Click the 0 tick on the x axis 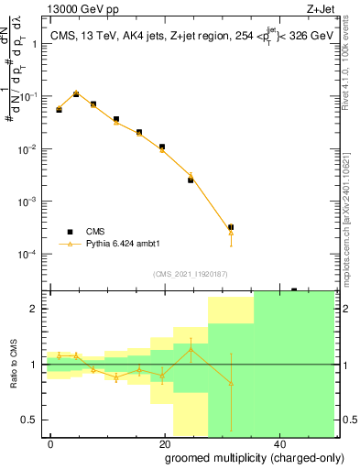pos(50,443)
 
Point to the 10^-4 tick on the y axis pos(30,254)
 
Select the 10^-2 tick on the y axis pos(30,148)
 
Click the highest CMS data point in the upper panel pos(76,93)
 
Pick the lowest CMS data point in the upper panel pos(231,226)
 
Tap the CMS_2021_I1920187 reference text pos(190,274)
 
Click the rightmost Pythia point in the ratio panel pos(231,383)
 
